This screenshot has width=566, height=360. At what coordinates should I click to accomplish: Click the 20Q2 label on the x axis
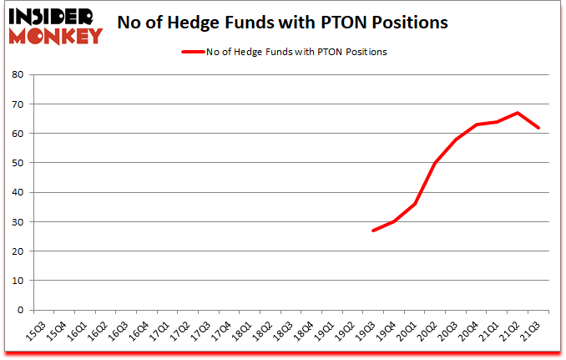pyautogui.click(x=432, y=330)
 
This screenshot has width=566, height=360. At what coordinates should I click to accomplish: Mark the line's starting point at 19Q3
pyautogui.click(x=373, y=231)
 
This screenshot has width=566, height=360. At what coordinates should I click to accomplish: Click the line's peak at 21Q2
pyautogui.click(x=518, y=113)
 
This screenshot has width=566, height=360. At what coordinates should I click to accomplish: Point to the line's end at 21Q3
pyautogui.click(x=539, y=127)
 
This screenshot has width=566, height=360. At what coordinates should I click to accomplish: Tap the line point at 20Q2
pyautogui.click(x=436, y=163)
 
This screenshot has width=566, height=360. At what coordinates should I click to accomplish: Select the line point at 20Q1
pyautogui.click(x=415, y=204)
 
